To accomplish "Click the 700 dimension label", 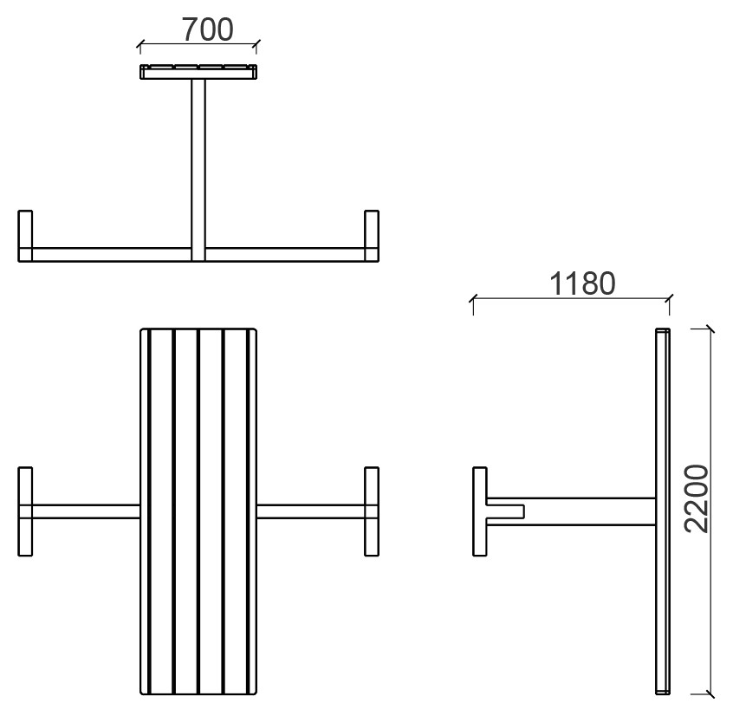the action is pos(208,29).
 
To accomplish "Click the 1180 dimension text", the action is pos(582,283).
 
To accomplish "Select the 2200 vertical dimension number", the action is pos(696,498).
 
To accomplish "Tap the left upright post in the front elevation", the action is pos(25,236).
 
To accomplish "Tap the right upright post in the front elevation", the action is pos(372,236).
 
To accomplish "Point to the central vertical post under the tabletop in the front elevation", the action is pos(198,170).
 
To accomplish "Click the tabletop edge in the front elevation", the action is pos(198,72).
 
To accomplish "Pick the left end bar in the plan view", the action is pos(25,511).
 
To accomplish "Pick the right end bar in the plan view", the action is pos(372,511).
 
